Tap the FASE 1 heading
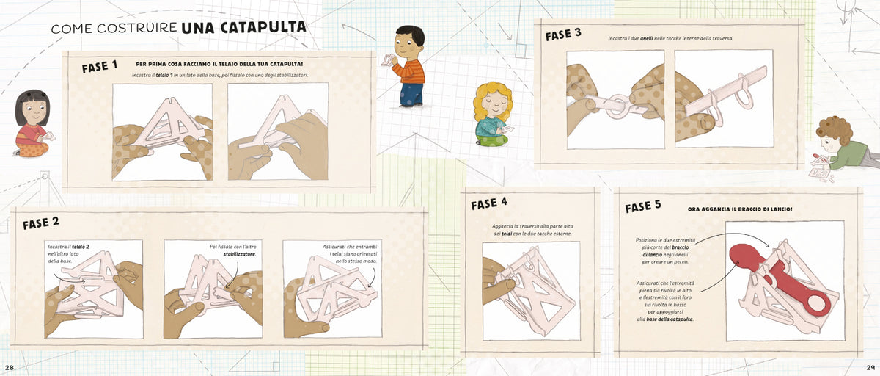(100, 67)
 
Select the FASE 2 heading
(40, 223)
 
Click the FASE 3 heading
(563, 35)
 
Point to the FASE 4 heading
(489, 203)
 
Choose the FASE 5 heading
(643, 206)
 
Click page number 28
(10, 367)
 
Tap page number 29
(870, 367)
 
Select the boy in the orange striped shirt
(408, 66)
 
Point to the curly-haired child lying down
(845, 148)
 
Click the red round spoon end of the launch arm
(744, 255)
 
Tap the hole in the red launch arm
(817, 305)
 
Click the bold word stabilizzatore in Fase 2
(240, 254)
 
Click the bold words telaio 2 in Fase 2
(81, 247)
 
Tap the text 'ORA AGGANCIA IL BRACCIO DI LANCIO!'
(740, 209)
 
